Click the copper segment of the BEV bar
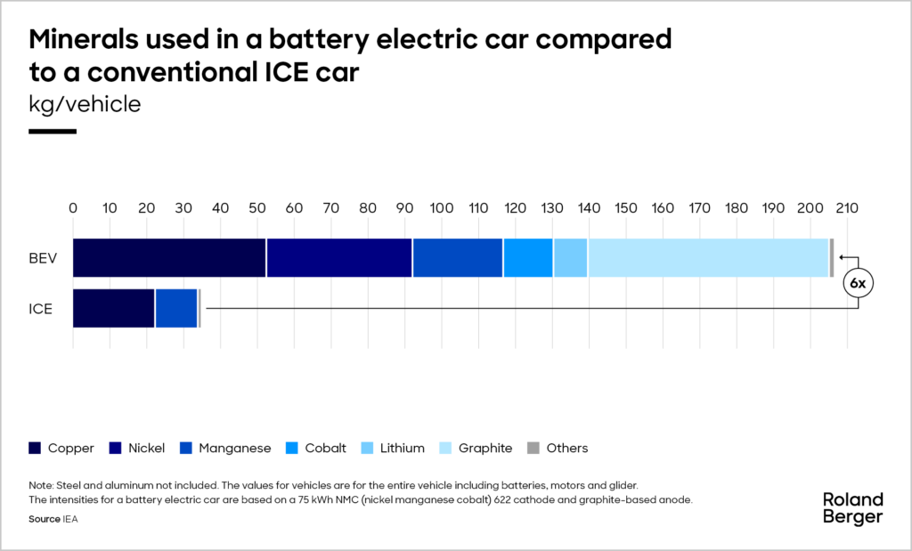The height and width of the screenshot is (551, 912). (169, 258)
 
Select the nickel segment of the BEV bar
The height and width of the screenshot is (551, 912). (338, 258)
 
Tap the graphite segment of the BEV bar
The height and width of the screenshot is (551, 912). (708, 258)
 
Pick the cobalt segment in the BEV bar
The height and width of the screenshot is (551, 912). (528, 258)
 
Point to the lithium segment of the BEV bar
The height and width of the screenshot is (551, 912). (570, 258)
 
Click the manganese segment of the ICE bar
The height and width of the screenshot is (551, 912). (176, 309)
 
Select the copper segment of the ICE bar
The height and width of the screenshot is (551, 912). (113, 309)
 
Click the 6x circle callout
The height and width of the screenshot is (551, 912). (858, 284)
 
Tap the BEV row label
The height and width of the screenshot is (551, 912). (43, 259)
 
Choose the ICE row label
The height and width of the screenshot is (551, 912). (41, 310)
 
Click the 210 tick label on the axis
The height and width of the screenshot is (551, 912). (846, 208)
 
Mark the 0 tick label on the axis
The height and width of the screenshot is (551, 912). (73, 208)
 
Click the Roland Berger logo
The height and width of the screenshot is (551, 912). (852, 507)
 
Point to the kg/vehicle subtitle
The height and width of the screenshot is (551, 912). (85, 104)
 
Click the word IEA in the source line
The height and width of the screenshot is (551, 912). (70, 519)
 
